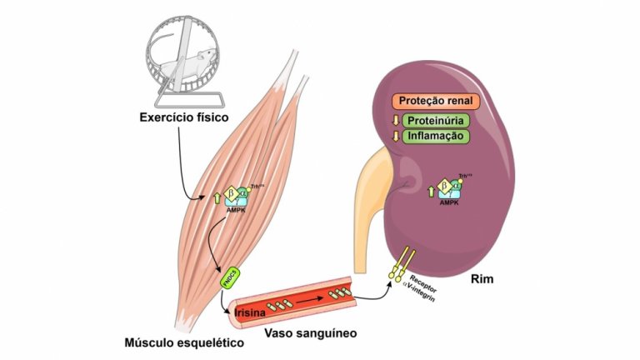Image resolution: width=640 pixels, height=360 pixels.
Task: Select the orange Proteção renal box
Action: [x=436, y=101]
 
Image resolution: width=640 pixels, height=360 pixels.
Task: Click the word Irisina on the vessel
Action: [x=251, y=314]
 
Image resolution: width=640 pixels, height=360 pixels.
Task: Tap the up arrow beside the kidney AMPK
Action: [x=430, y=191]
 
